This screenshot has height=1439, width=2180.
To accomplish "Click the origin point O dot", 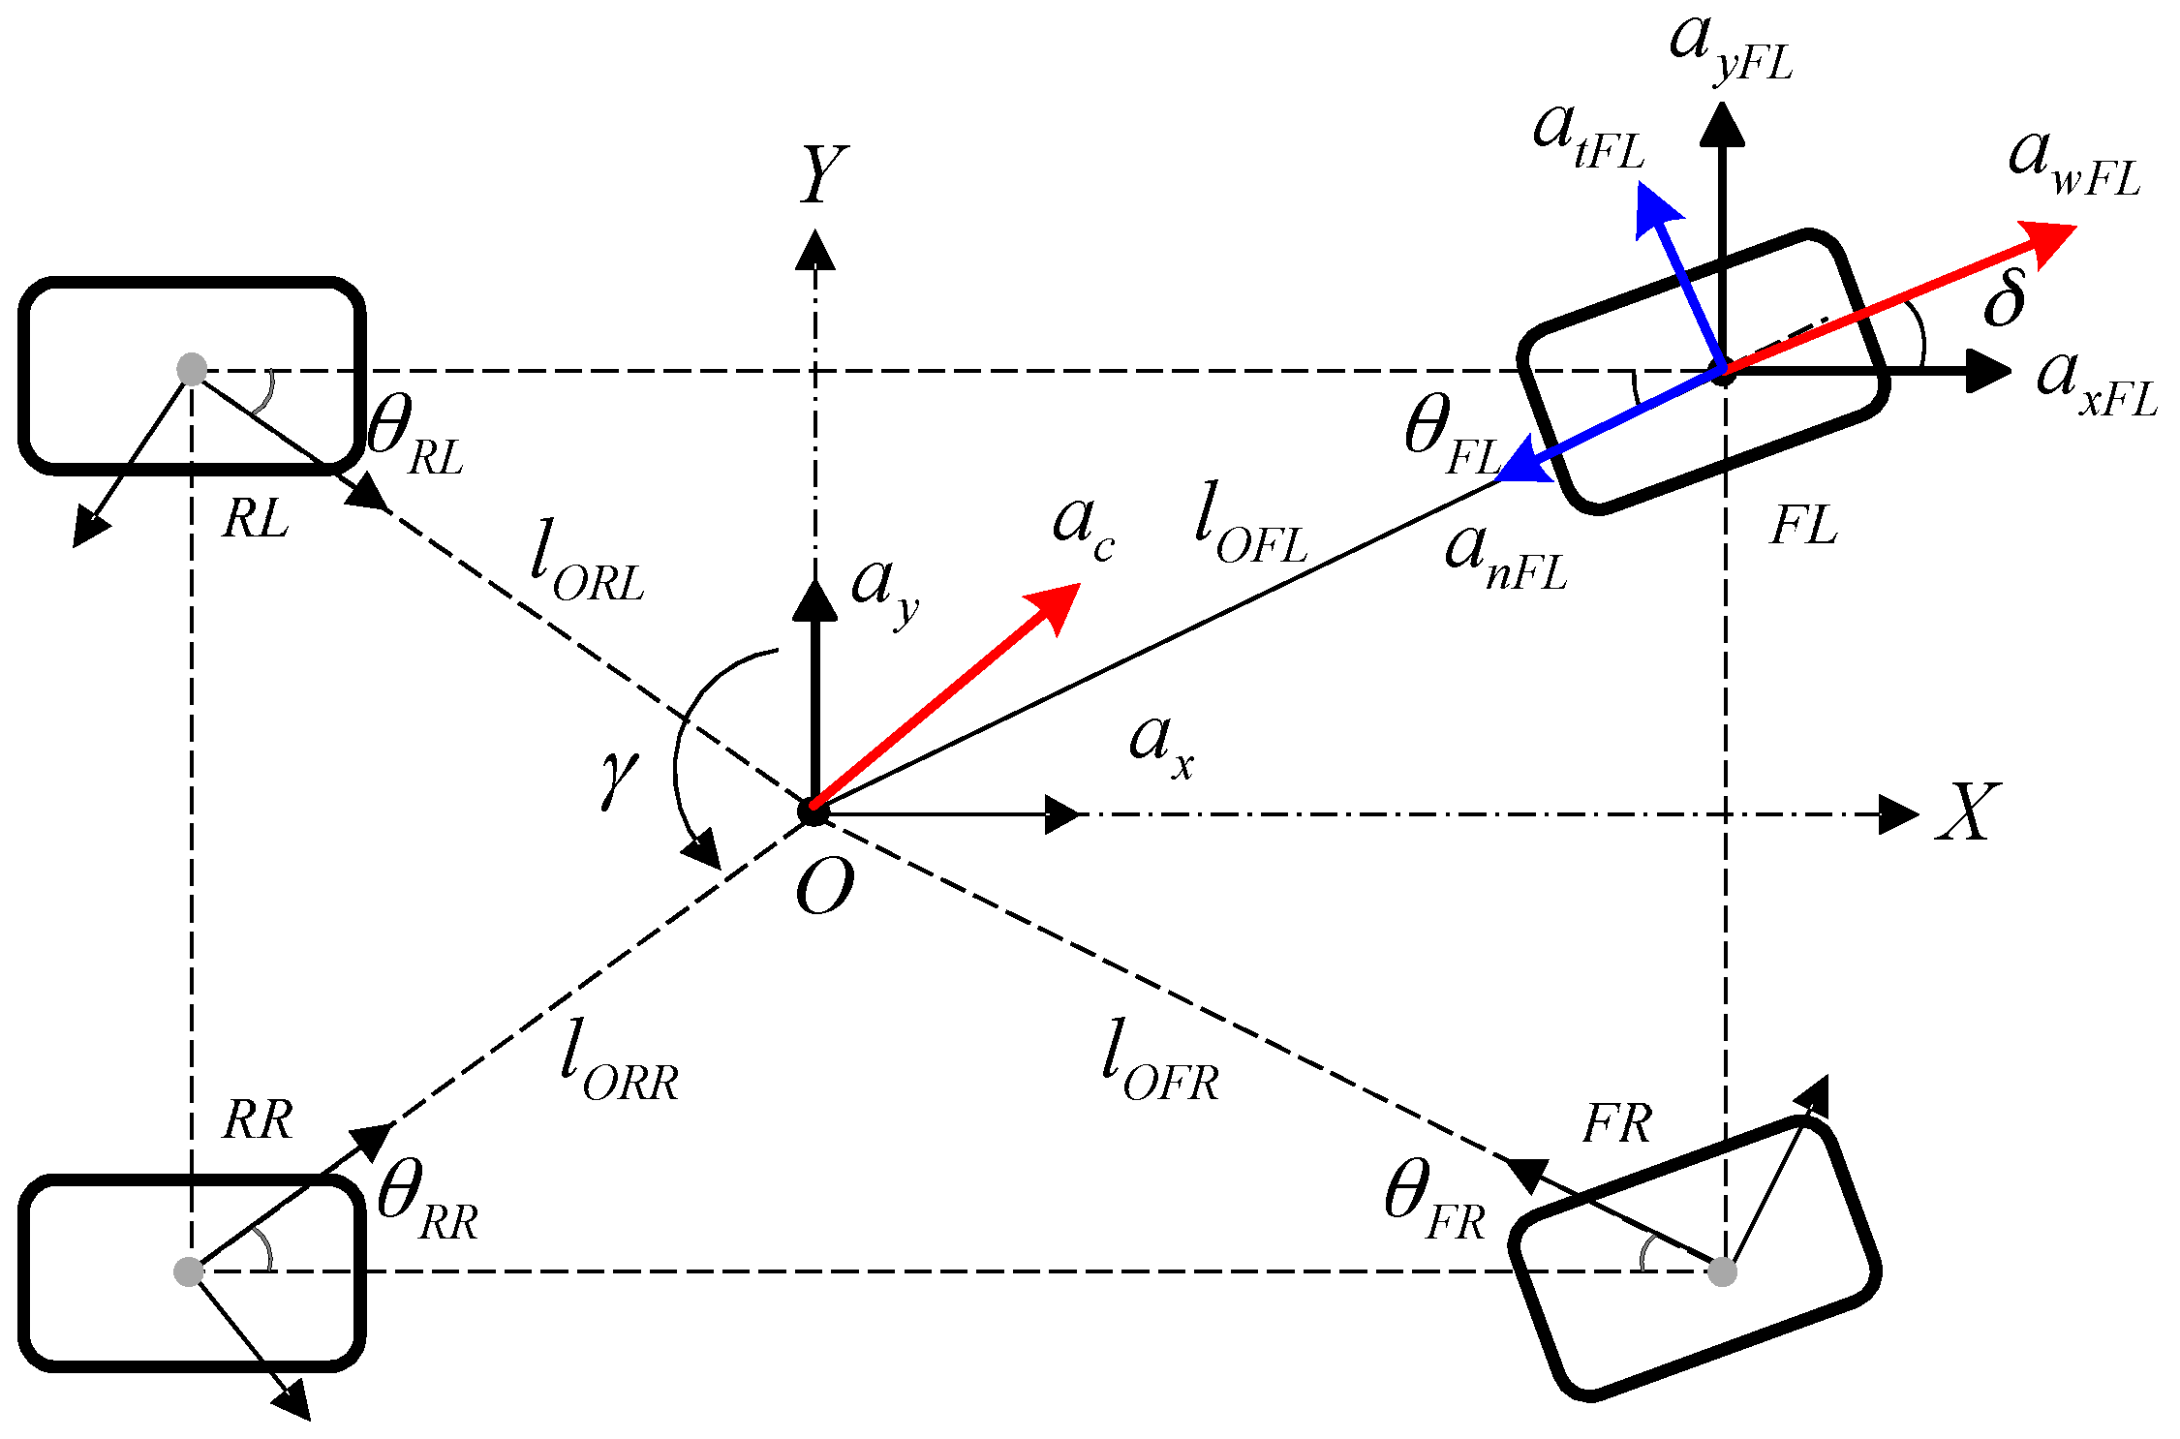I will [x=814, y=811].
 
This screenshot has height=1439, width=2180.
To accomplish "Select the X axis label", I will [x=1967, y=811].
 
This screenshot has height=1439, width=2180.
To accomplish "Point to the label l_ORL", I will [x=586, y=561].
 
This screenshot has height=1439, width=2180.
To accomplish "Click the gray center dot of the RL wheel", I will [x=192, y=369].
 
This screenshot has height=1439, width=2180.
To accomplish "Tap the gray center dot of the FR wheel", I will [x=1722, y=1271].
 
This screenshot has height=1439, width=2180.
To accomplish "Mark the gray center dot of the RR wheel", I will [x=189, y=1271].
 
